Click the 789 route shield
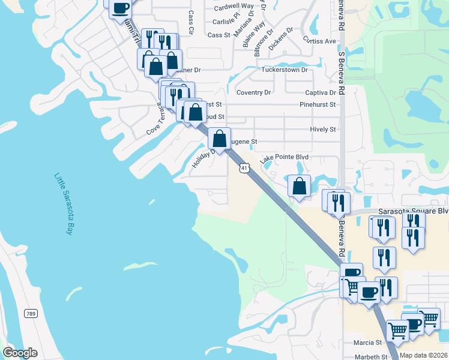click(x=30, y=314)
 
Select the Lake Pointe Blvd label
click(x=284, y=157)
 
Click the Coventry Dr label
click(x=253, y=93)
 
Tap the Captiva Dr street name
click(x=320, y=93)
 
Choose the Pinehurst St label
click(x=318, y=104)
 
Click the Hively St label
click(x=323, y=129)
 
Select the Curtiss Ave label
click(x=319, y=41)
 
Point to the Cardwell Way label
click(x=233, y=8)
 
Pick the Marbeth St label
click(x=371, y=356)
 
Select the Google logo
click(x=20, y=353)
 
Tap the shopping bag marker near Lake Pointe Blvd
click(x=299, y=187)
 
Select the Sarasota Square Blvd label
click(x=413, y=211)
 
